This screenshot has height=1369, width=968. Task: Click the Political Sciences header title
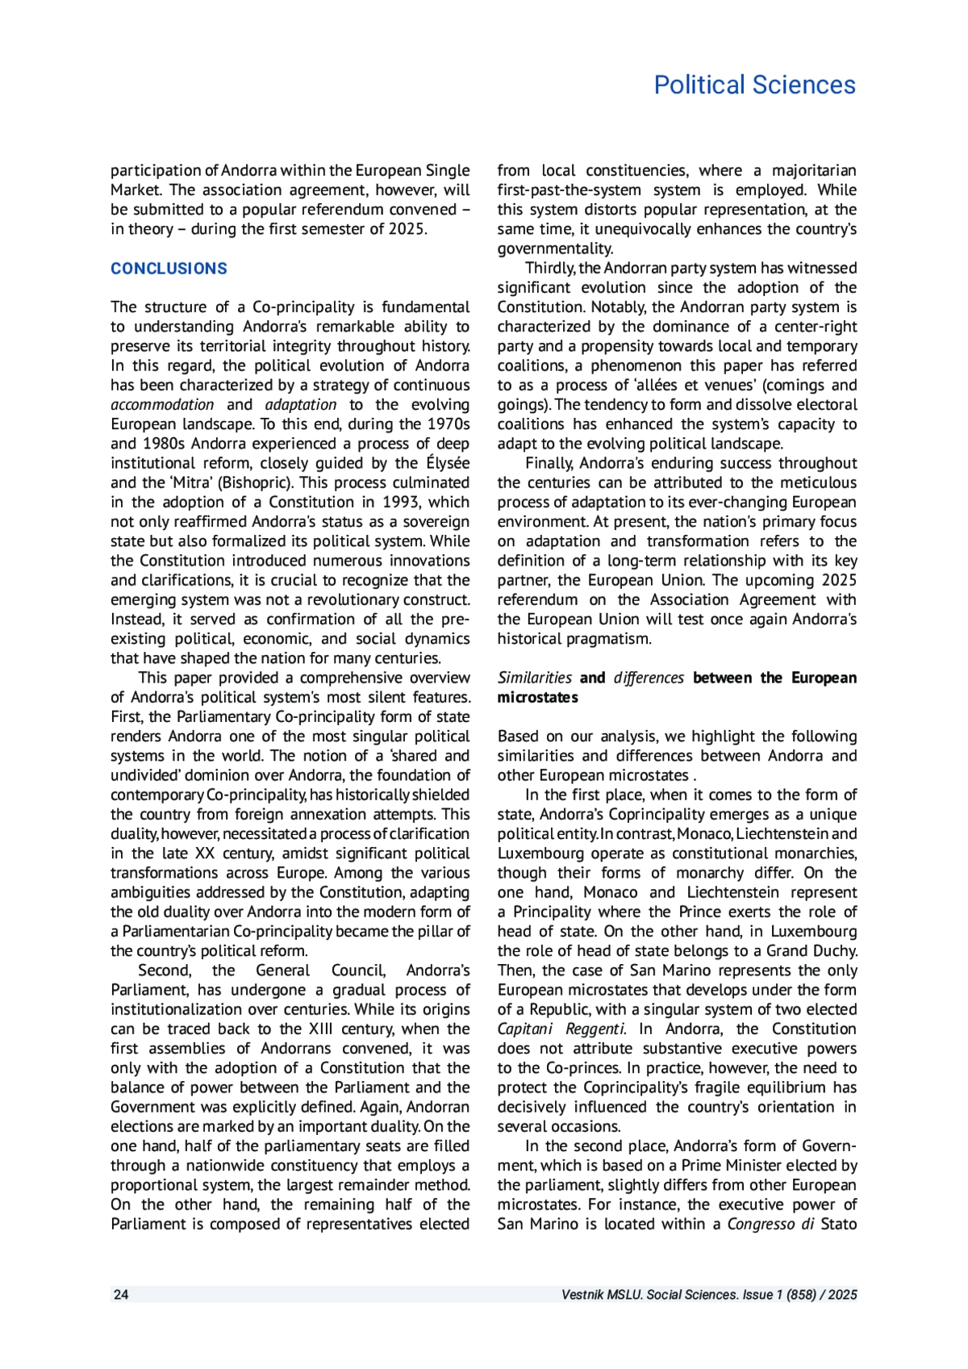click(x=754, y=85)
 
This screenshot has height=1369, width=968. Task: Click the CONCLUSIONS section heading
click(x=169, y=269)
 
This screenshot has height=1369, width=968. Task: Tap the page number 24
click(x=121, y=1294)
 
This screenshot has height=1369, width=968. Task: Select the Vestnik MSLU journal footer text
click(x=709, y=1294)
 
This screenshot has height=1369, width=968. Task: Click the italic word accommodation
click(x=162, y=404)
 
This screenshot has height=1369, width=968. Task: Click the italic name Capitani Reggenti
click(x=561, y=1029)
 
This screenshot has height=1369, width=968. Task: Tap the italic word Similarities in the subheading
click(x=534, y=678)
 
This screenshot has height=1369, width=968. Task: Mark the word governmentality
click(x=555, y=248)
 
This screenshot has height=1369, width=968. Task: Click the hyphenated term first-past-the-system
click(x=569, y=190)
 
